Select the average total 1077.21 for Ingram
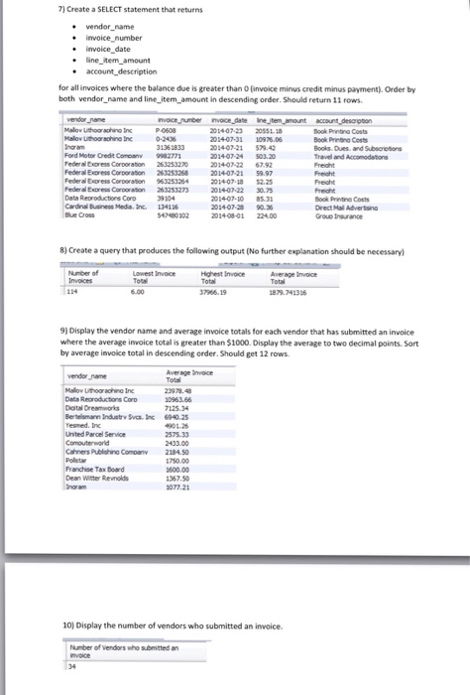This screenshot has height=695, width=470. coord(180,540)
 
